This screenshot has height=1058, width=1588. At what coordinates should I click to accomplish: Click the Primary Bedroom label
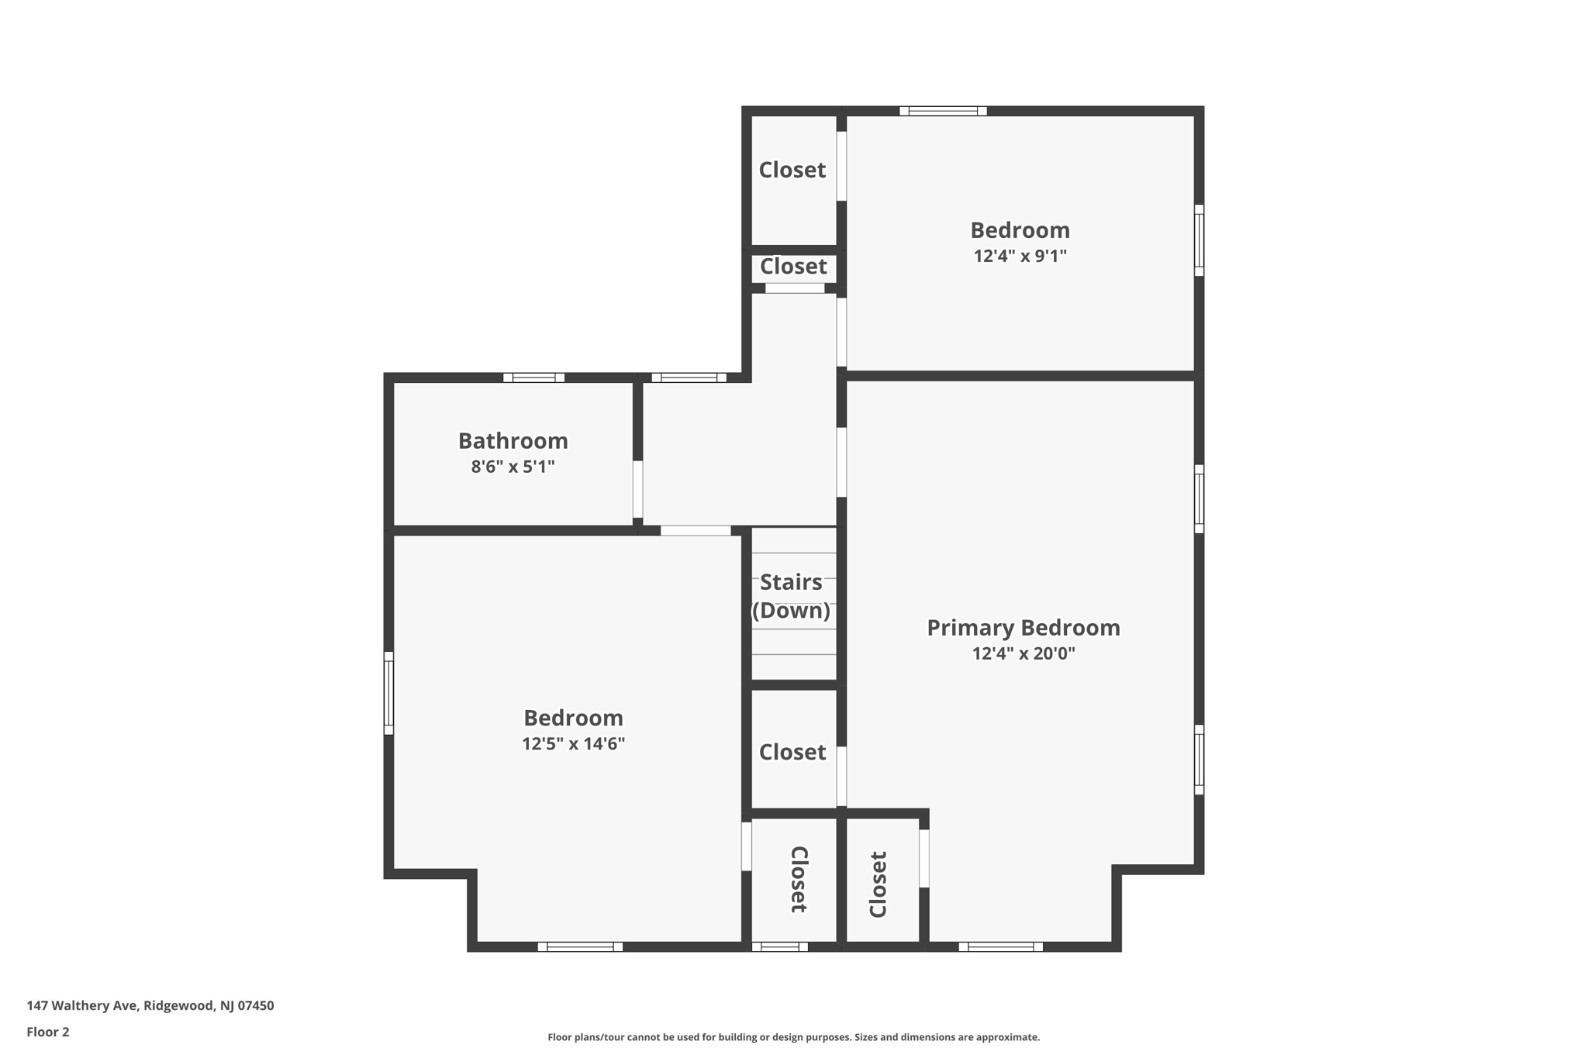coord(1023,628)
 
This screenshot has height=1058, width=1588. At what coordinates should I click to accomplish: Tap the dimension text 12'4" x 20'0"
coord(1023,653)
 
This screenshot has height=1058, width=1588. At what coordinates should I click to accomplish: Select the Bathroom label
coord(513,441)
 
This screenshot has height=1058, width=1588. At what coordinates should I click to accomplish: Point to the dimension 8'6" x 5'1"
coord(513,467)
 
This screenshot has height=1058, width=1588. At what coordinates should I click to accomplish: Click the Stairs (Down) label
coord(791,596)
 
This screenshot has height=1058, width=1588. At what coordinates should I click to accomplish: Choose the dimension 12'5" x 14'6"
coord(573,744)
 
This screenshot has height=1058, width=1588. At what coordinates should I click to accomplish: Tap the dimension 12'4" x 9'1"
coord(1020,256)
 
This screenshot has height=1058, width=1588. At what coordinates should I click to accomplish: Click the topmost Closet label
coord(792,170)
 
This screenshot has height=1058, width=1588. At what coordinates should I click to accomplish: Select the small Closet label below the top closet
coord(792,267)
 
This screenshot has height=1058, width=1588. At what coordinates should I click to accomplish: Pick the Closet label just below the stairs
coord(792,752)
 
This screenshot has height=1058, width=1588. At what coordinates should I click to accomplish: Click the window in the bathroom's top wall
coord(533,377)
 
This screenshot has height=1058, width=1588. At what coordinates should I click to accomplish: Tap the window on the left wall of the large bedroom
coord(389,693)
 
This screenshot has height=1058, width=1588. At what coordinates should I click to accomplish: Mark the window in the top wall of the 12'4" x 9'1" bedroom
coord(943,111)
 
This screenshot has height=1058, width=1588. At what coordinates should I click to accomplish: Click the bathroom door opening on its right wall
coord(637,489)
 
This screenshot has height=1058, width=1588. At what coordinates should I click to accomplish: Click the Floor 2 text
coord(47,1032)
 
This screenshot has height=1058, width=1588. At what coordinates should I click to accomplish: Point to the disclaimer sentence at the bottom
coord(793,1037)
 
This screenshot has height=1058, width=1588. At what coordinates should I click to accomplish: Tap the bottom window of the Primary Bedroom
coord(1000,946)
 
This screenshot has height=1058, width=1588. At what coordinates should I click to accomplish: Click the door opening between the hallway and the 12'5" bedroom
coord(696,530)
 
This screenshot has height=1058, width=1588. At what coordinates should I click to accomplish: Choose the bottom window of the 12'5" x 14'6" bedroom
coord(580,946)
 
